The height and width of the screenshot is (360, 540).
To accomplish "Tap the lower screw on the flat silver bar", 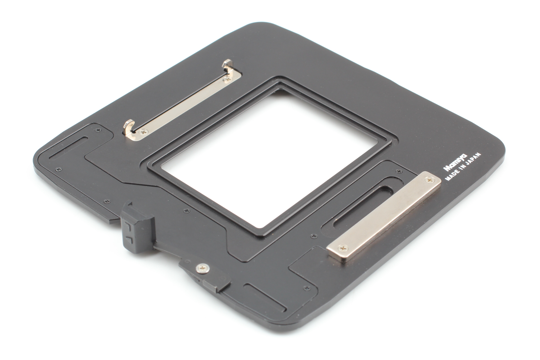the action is [x=342, y=249].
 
